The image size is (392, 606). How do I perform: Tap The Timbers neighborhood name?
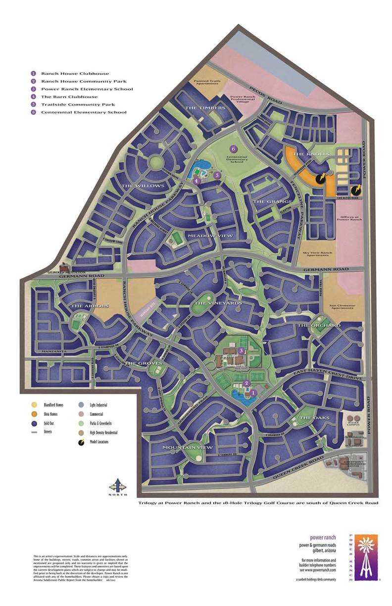[x=205, y=107]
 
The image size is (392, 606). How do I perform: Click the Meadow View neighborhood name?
[x=210, y=236]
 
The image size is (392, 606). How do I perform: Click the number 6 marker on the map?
[x=233, y=149]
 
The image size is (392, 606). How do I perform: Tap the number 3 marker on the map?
[x=241, y=351]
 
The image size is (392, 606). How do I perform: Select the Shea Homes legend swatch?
[x=33, y=414]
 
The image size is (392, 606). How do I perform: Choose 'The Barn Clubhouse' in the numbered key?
[x=69, y=97]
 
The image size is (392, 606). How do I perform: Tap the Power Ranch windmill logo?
[x=366, y=557]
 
